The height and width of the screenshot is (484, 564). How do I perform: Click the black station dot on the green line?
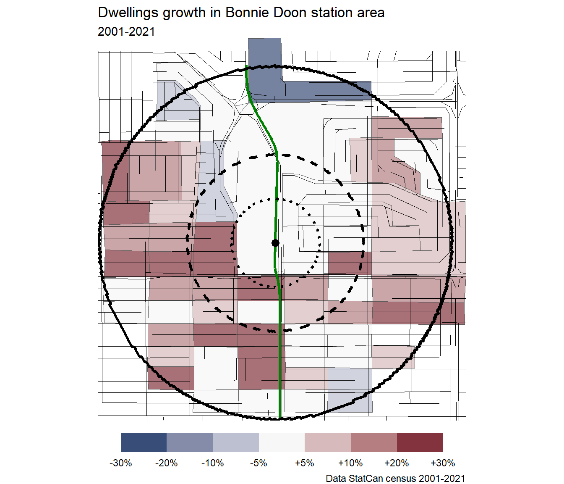pyautogui.click(x=275, y=243)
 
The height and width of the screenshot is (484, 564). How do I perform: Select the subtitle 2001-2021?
pyautogui.click(x=126, y=32)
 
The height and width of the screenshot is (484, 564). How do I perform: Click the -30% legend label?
pyautogui.click(x=121, y=463)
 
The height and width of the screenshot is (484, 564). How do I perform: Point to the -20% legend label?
pyautogui.click(x=167, y=463)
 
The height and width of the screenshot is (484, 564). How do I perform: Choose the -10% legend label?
pyautogui.click(x=213, y=463)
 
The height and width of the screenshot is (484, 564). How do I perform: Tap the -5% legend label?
pyautogui.click(x=258, y=463)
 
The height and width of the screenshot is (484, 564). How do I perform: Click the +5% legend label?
pyautogui.click(x=305, y=463)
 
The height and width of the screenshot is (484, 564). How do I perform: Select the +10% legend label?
pyautogui.click(x=350, y=463)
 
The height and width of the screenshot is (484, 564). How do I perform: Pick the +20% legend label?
pyautogui.click(x=397, y=463)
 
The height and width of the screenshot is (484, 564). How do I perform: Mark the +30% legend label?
pyautogui.click(x=443, y=463)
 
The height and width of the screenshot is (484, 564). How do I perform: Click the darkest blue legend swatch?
pyautogui.click(x=144, y=442)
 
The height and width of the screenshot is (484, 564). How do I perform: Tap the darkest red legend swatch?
pyautogui.click(x=420, y=442)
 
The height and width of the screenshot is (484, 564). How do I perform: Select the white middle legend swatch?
pyautogui.click(x=282, y=442)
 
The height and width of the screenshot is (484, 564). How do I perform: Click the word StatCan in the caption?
pyautogui.click(x=367, y=478)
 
